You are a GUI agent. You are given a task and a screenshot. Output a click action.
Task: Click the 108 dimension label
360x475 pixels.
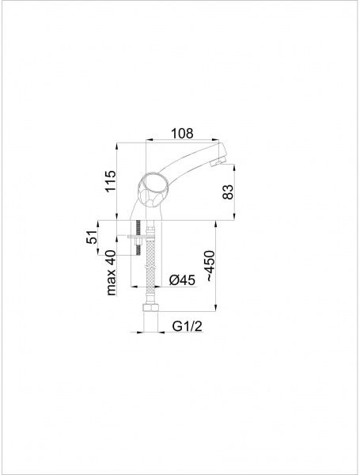(182, 133)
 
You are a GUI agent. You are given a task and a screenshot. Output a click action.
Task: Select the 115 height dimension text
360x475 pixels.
(111, 181)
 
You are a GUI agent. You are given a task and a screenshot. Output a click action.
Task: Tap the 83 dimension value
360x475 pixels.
(228, 192)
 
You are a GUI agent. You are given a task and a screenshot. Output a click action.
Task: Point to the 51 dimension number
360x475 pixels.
(92, 237)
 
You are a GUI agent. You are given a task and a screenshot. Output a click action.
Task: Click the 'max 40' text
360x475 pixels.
(111, 272)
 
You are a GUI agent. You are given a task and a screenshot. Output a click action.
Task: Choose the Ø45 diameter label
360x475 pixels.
(182, 280)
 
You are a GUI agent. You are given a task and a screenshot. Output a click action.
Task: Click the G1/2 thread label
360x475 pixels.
(187, 326)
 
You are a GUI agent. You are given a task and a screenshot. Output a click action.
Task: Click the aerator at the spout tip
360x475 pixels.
(218, 161)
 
